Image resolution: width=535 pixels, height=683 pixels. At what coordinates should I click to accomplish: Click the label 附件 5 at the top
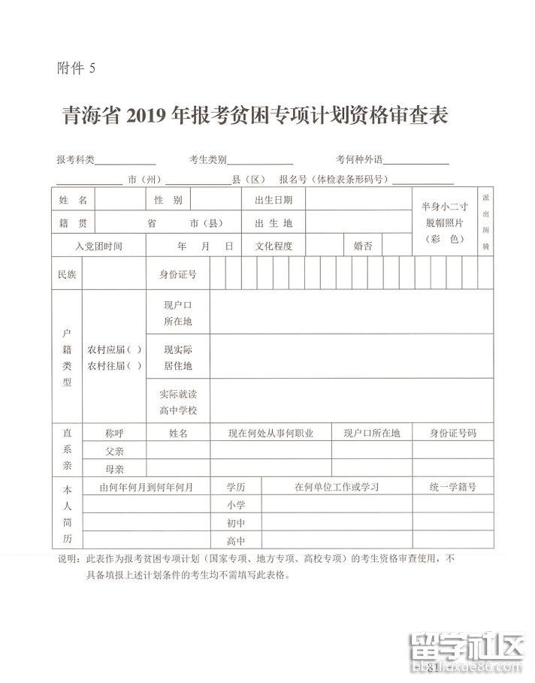click(77, 69)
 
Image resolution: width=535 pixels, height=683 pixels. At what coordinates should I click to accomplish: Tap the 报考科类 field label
click(75, 159)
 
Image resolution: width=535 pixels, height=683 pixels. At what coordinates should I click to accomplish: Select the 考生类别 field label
click(207, 159)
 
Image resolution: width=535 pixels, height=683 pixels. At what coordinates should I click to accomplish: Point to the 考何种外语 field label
click(359, 159)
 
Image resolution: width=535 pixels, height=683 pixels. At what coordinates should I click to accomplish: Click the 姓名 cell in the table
click(73, 200)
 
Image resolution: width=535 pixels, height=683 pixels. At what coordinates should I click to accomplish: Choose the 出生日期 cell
click(274, 200)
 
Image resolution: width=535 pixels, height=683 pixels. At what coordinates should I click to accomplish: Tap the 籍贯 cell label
click(73, 223)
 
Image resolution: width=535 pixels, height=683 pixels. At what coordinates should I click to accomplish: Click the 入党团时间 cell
click(98, 246)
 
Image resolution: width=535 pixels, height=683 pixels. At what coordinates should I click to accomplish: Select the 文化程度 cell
click(274, 246)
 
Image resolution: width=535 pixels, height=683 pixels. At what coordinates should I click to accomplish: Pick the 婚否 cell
click(363, 246)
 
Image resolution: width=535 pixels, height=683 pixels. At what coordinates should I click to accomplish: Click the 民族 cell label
click(67, 274)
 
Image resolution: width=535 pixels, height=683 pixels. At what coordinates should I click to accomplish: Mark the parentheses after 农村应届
click(135, 350)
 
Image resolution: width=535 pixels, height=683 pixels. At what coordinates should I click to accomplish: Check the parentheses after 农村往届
click(135, 366)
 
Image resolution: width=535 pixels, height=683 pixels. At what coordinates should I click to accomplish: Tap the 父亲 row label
click(114, 450)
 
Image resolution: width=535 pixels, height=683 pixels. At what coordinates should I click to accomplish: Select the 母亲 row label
click(114, 469)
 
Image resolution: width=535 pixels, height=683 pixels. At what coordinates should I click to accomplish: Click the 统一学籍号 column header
click(452, 487)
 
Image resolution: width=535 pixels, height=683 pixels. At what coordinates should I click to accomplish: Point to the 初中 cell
click(236, 523)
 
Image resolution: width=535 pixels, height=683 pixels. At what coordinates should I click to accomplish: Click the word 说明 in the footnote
click(68, 560)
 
